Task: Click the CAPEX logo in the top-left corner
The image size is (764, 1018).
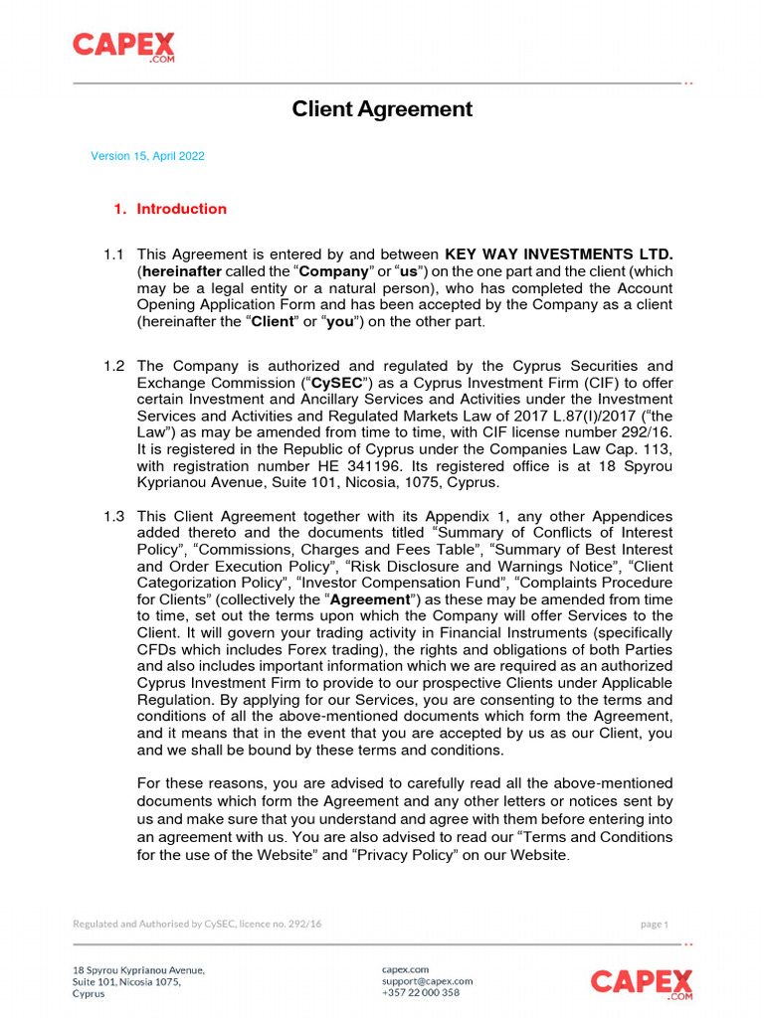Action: [123, 46]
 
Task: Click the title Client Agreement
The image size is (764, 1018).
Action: [382, 109]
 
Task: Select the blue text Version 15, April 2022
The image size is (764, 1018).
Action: [148, 156]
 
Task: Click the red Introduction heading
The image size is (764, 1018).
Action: [181, 209]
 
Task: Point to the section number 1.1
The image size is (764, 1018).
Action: [113, 254]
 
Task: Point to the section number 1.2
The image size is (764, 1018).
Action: [113, 366]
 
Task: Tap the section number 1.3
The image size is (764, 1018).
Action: [113, 516]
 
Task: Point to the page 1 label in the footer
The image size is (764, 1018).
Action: [654, 925]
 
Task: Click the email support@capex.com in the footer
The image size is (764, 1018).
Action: [427, 980]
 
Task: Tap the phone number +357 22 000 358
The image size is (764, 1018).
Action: [421, 992]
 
